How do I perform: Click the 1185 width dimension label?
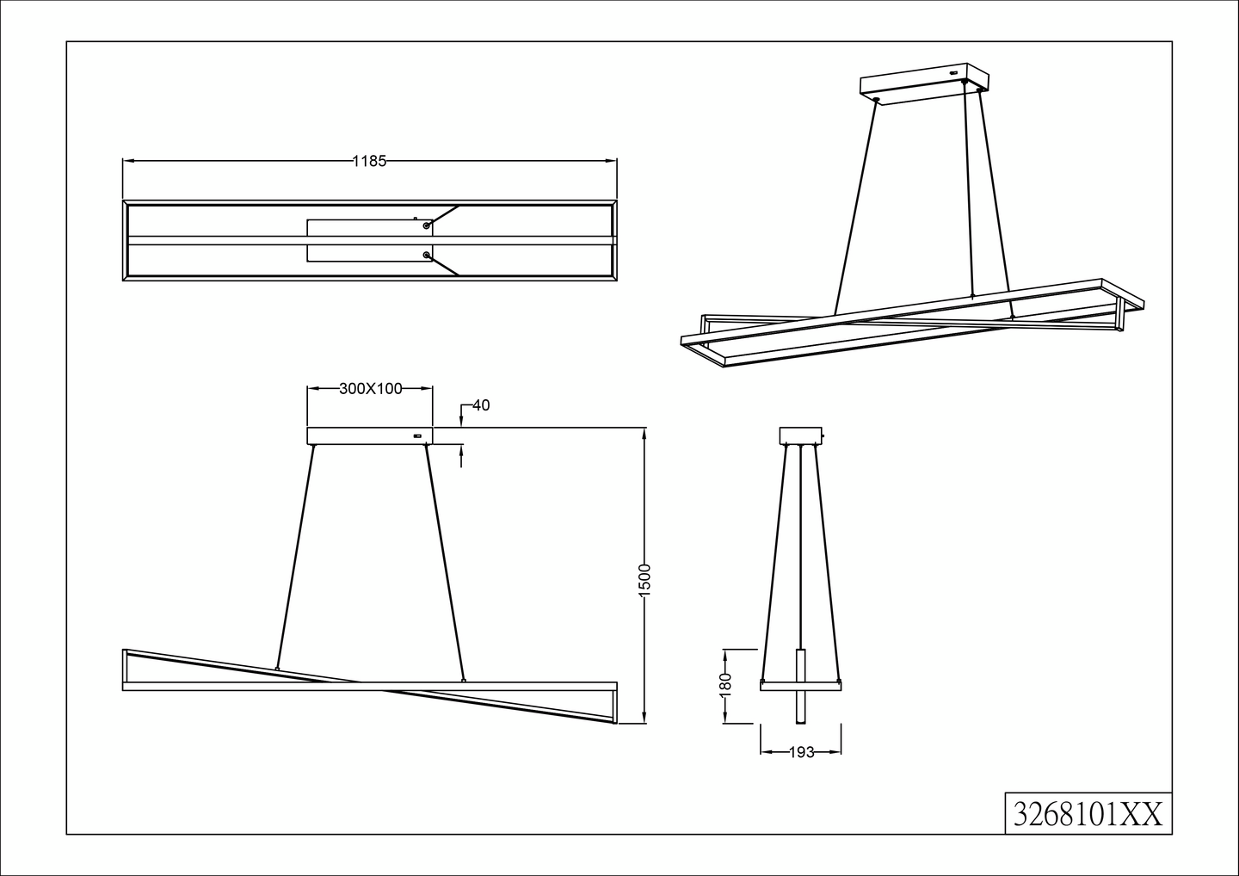coord(370,160)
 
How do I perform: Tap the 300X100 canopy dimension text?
coord(370,388)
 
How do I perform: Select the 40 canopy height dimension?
coord(481,405)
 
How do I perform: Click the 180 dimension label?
coord(725,684)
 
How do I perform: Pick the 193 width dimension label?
coord(801,752)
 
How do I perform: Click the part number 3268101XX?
coord(1088,813)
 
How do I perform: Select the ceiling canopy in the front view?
coord(370,435)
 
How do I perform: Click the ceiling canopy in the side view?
coord(801,435)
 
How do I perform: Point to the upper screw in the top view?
coord(426,225)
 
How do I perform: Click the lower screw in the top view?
coord(426,255)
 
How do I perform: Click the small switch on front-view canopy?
coord(418,436)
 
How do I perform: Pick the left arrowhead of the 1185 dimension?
coord(127,160)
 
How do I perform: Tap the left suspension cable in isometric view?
coord(855,207)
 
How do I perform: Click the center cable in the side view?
coord(801,551)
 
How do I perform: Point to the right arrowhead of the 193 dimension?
coord(837,752)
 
